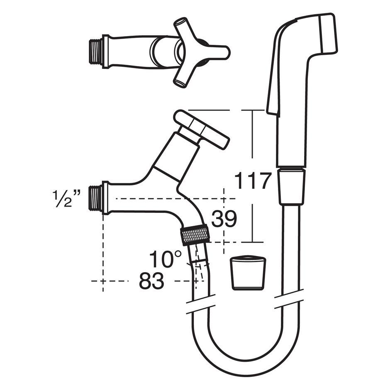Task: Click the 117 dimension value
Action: (x=252, y=181)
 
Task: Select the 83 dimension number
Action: (x=151, y=281)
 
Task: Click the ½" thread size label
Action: (x=66, y=198)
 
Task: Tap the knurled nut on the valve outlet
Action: (x=195, y=235)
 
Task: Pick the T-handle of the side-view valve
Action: (x=201, y=130)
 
